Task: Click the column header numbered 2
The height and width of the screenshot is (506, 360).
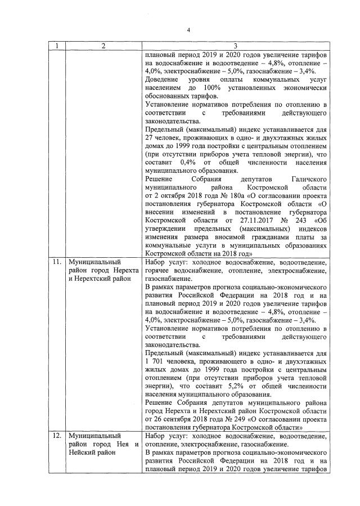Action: pyautogui.click(x=103, y=46)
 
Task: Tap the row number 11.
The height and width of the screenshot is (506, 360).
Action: pyautogui.click(x=56, y=263)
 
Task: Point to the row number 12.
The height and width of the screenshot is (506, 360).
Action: pyautogui.click(x=56, y=436)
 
